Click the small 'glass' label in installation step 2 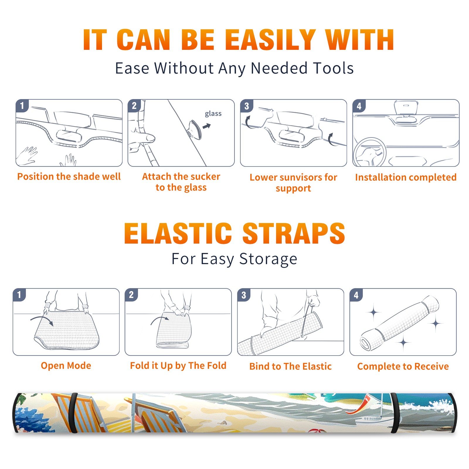click(x=213, y=114)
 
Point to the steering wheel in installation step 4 click(x=370, y=152)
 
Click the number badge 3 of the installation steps click(x=247, y=106)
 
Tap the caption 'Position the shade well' click(x=69, y=176)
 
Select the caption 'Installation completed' click(x=406, y=177)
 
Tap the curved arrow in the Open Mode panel click(x=42, y=320)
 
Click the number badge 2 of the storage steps click(x=131, y=295)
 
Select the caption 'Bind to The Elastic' click(x=290, y=366)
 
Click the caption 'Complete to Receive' click(x=403, y=367)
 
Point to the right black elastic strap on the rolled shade click(x=395, y=413)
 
